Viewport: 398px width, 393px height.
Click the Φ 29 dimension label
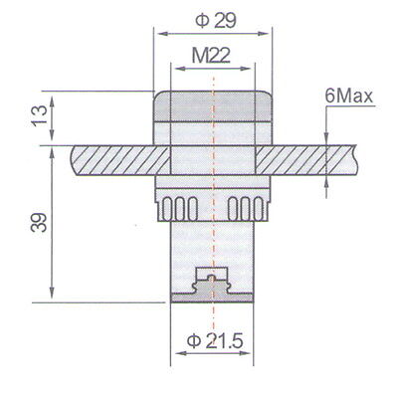click(216, 21)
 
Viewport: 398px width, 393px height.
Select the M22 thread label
click(211, 56)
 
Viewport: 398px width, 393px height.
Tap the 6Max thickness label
click(349, 97)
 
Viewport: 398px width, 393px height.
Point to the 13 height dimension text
click(39, 115)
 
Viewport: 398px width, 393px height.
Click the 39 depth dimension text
click(39, 222)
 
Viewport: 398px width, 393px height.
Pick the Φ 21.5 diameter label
click(215, 341)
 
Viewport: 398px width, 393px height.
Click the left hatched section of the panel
click(120, 160)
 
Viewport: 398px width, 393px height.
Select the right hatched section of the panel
click(306, 160)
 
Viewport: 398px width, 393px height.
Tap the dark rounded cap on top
click(212, 106)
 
